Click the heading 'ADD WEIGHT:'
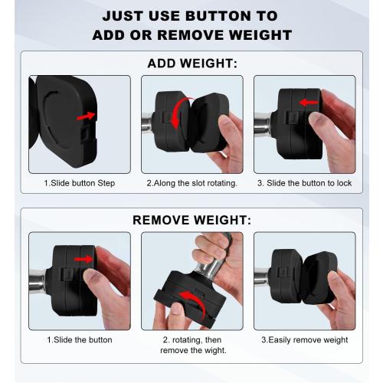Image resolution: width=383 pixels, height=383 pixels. (191, 63)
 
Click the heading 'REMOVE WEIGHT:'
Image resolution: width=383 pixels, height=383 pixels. (191, 221)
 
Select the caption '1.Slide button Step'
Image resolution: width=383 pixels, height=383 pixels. (80, 183)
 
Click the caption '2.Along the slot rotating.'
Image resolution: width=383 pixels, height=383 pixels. (191, 183)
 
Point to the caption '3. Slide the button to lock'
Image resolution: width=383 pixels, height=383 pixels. (304, 183)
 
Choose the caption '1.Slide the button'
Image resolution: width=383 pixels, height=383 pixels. (80, 339)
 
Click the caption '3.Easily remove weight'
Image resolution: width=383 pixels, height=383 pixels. (304, 339)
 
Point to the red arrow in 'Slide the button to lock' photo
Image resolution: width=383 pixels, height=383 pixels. (308, 102)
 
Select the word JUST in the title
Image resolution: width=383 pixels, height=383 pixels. (125, 15)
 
